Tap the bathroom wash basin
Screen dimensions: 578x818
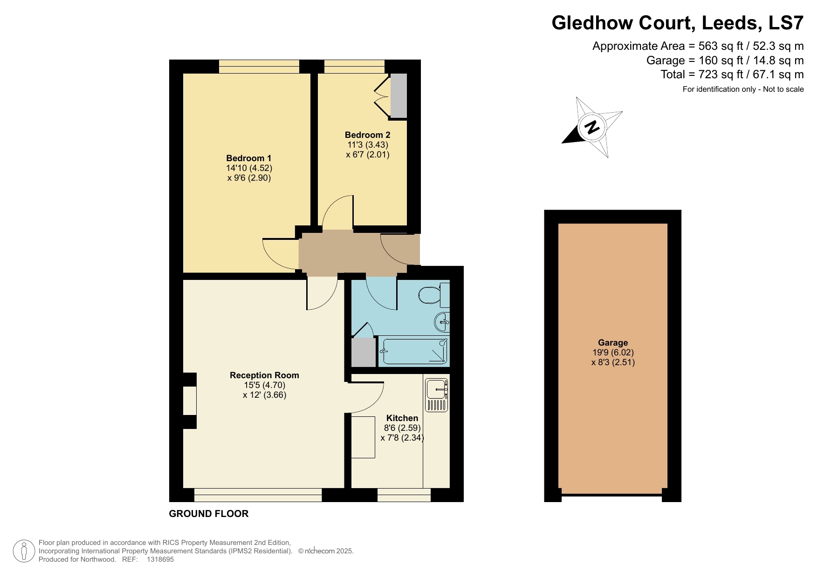442,321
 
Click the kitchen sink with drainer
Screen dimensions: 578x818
437,394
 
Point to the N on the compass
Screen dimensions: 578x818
592,127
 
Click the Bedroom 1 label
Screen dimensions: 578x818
248,158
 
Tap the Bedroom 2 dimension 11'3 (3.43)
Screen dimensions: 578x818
368,145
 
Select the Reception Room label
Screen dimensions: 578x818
264,375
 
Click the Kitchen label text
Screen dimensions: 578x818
402,418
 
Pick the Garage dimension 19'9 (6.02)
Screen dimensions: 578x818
613,353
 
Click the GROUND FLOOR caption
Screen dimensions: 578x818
208,514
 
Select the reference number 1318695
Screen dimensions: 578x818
160,559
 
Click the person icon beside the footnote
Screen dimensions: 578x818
24,551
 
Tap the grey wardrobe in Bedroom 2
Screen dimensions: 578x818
399,95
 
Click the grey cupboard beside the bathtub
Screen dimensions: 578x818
363,352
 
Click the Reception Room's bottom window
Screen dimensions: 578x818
258,495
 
